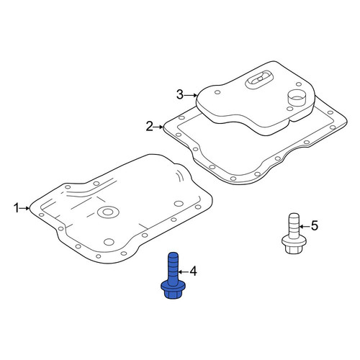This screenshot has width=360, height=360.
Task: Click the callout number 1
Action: click(16, 208)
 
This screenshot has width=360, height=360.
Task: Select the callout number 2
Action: click(150, 127)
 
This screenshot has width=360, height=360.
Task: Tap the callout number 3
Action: click(180, 94)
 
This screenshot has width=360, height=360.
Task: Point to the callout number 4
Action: click(193, 271)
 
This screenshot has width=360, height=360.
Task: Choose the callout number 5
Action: click(315, 225)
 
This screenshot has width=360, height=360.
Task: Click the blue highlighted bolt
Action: click(173, 276)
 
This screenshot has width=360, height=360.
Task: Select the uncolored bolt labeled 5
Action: click(294, 233)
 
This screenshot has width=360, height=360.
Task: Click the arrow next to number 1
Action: click(24, 208)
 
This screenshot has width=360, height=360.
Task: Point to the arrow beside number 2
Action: click(158, 127)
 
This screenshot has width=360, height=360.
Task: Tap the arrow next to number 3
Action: click(191, 95)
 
